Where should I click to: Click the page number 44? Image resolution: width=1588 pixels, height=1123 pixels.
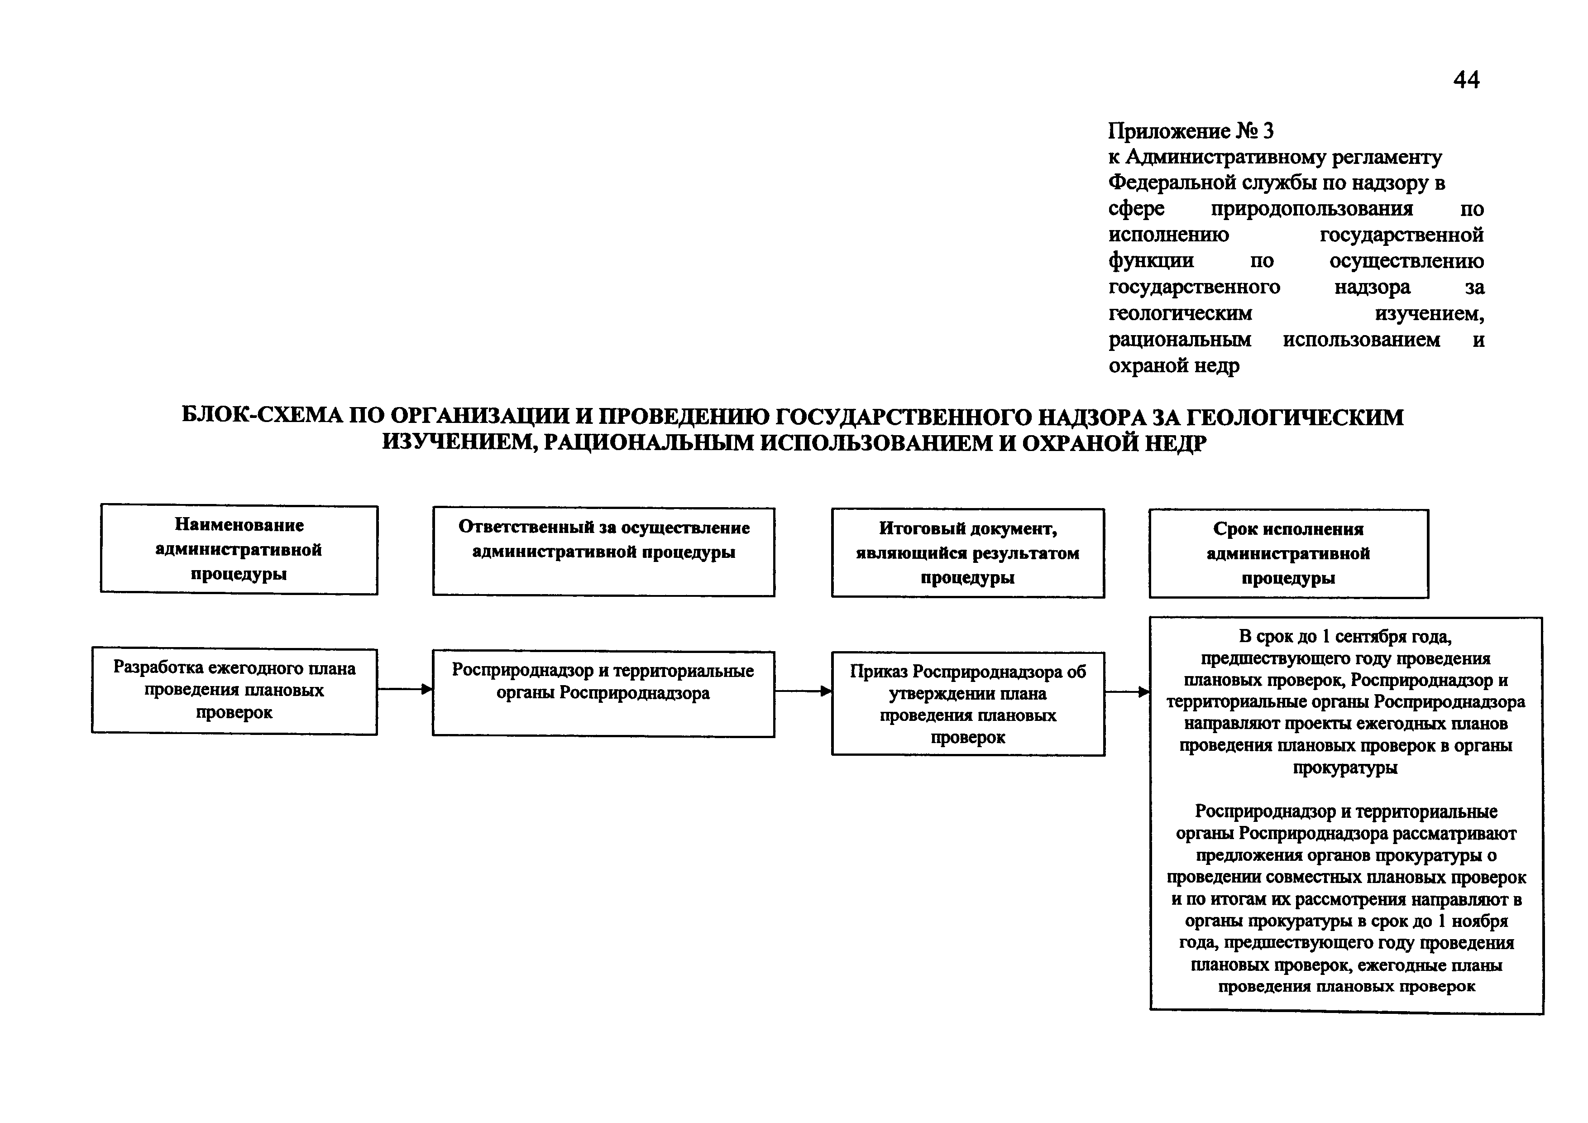(1466, 80)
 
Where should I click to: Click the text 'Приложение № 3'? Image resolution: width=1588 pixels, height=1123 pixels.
(1190, 131)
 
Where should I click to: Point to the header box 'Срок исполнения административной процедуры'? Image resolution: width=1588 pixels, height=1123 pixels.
(1288, 553)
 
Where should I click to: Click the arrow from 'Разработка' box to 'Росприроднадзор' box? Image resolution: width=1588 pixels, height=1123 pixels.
(405, 689)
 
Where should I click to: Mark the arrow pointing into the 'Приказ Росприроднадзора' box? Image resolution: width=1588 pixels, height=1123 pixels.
(802, 691)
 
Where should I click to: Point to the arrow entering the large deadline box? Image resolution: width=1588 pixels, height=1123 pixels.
(1127, 691)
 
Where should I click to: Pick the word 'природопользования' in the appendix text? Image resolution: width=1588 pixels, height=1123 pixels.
(1312, 208)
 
